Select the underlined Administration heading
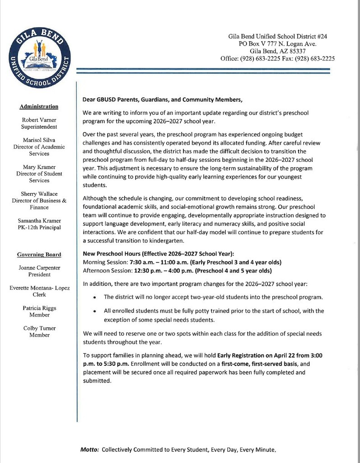[39, 107]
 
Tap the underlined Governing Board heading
[39, 255]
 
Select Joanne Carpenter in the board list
[39, 268]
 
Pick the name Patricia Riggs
[39, 308]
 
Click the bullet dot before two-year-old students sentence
[94, 298]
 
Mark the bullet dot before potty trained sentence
[94, 312]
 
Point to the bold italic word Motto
[89, 450]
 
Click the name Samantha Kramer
[39, 220]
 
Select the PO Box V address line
[277, 44]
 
